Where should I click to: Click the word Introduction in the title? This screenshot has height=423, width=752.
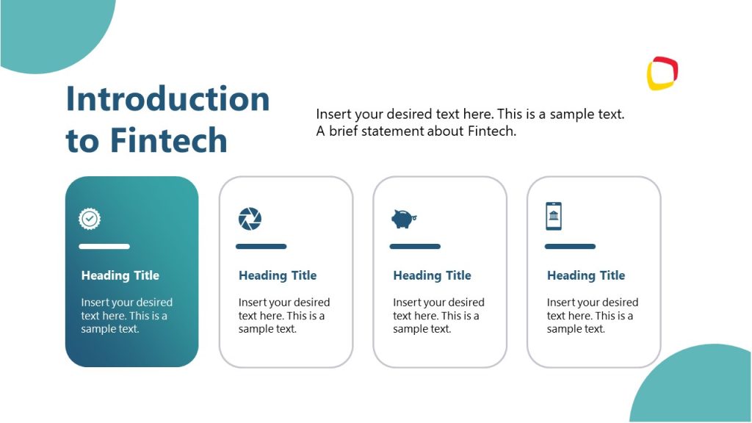[167, 99]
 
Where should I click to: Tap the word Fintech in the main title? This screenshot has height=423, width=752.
[169, 140]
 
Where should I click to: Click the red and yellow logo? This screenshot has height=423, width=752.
[662, 73]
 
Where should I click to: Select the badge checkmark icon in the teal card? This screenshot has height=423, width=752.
[90, 218]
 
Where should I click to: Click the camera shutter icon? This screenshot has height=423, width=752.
[250, 218]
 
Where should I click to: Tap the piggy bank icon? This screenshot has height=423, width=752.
[403, 218]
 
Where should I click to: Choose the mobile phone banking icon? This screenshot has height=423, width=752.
[554, 217]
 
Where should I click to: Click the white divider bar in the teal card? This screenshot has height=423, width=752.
[104, 247]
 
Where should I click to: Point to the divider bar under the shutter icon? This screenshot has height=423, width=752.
[261, 247]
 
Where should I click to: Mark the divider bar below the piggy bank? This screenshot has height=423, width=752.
[415, 247]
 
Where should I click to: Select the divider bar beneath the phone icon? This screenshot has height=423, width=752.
[570, 247]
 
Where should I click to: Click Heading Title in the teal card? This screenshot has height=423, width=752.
[120, 275]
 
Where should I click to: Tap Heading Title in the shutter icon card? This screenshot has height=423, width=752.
[278, 275]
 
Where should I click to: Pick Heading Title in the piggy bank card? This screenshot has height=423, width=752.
[432, 275]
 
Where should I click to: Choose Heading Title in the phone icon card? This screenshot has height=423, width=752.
[586, 275]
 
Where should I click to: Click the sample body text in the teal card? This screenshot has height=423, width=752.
[126, 316]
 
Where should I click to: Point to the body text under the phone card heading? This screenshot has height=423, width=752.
[591, 316]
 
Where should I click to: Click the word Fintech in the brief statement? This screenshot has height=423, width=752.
[491, 132]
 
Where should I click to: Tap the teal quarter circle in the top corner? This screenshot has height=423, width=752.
[51, 29]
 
